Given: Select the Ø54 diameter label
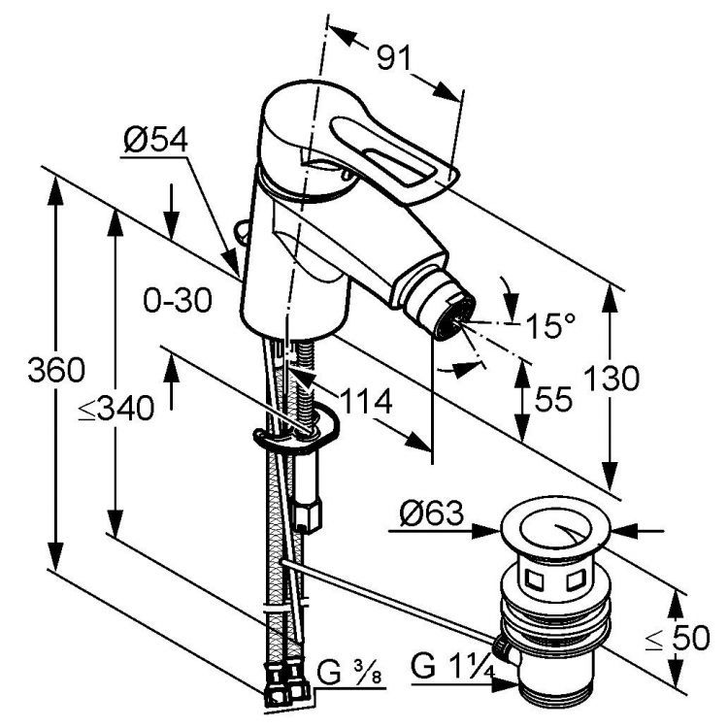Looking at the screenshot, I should [x=155, y=144].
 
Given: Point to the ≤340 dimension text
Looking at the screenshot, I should [x=116, y=410].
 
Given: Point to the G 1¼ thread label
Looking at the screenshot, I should [x=449, y=668].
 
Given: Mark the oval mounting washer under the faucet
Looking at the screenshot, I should [x=297, y=436].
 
